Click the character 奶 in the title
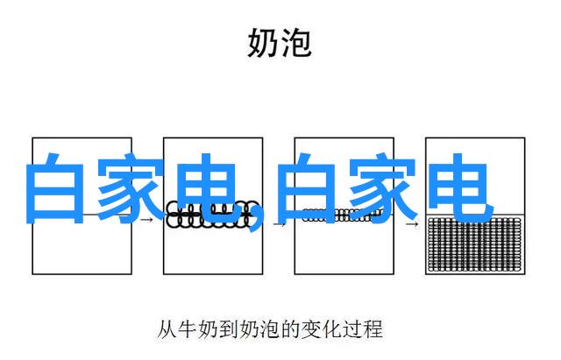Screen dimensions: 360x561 pyautogui.click(x=263, y=41)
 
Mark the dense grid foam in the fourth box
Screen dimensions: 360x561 pyautogui.click(x=475, y=244)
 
